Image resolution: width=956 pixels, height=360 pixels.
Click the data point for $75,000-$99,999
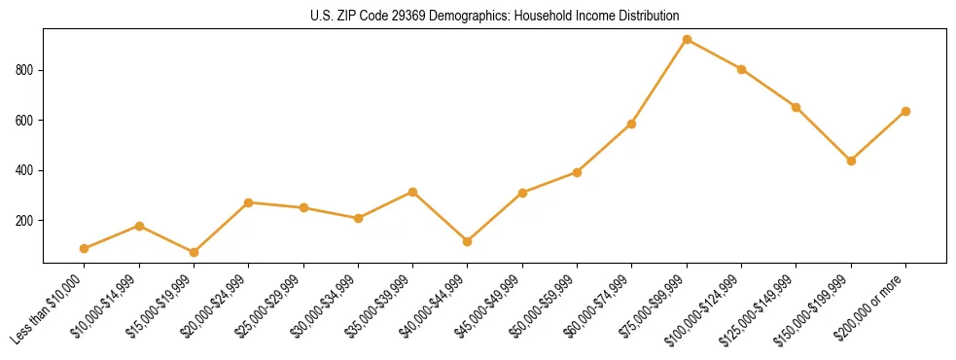[687, 40]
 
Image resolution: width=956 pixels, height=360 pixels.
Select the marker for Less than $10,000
[85, 249]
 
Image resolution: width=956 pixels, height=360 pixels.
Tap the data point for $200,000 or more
[905, 112]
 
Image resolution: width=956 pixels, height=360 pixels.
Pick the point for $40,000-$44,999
[468, 241]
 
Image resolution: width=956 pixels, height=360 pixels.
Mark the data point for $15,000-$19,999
[195, 252]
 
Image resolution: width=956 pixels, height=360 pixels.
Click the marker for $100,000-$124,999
[741, 69]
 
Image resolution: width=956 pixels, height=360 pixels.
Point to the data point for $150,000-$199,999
[851, 161]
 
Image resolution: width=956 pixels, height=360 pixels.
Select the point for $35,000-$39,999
[413, 193]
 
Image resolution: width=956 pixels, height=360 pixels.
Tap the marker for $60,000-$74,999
[632, 125]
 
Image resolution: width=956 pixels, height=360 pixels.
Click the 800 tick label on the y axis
[25, 70]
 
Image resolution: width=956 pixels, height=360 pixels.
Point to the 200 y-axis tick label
[25, 221]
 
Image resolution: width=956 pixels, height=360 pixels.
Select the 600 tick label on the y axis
[25, 121]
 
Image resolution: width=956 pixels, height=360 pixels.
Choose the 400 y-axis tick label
[25, 170]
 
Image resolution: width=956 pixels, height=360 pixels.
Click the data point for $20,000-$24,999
[249, 202]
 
